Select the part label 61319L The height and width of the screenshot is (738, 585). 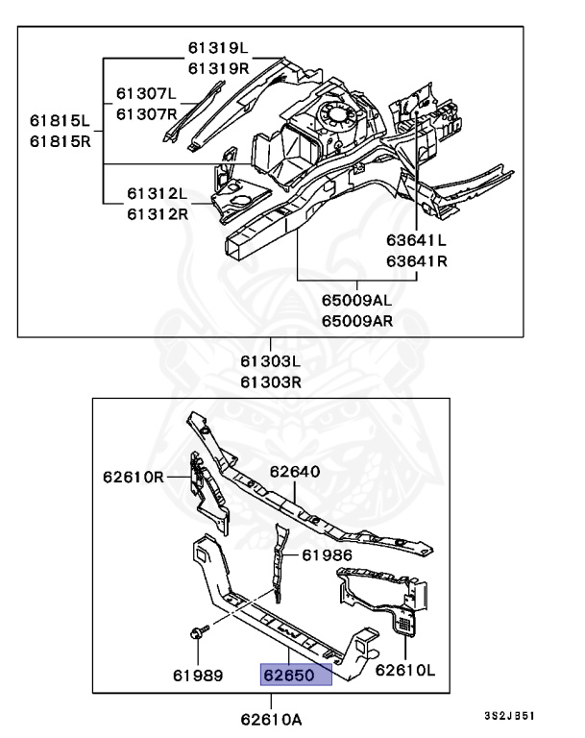[217, 48]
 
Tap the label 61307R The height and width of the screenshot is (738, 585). [147, 113]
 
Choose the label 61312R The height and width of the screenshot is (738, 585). [158, 212]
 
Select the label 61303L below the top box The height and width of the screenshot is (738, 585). [271, 363]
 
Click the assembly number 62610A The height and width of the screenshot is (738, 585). [271, 717]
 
